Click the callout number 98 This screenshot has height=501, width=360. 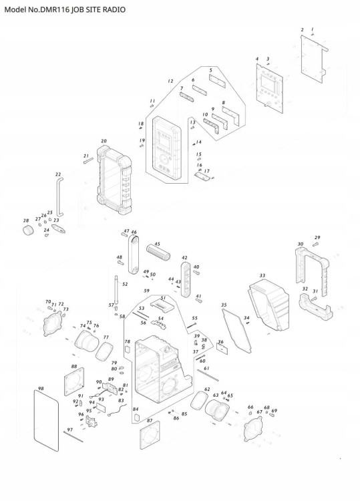(41, 388)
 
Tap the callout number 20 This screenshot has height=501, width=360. (104, 141)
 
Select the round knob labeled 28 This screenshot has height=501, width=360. (29, 230)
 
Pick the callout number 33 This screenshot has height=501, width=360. (262, 275)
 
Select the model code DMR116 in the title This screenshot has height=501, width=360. (56, 11)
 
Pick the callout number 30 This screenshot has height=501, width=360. (301, 244)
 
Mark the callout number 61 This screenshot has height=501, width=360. (206, 369)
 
